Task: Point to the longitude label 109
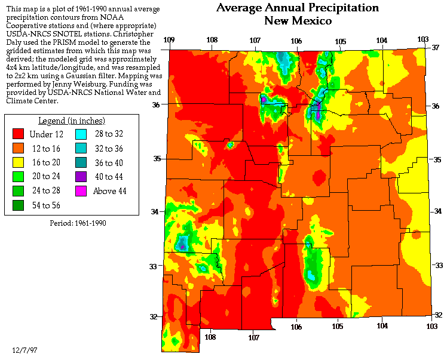click(x=169, y=40)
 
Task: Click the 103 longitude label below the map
click(x=431, y=327)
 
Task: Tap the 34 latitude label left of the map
click(x=155, y=212)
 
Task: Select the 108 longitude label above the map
click(x=212, y=40)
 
